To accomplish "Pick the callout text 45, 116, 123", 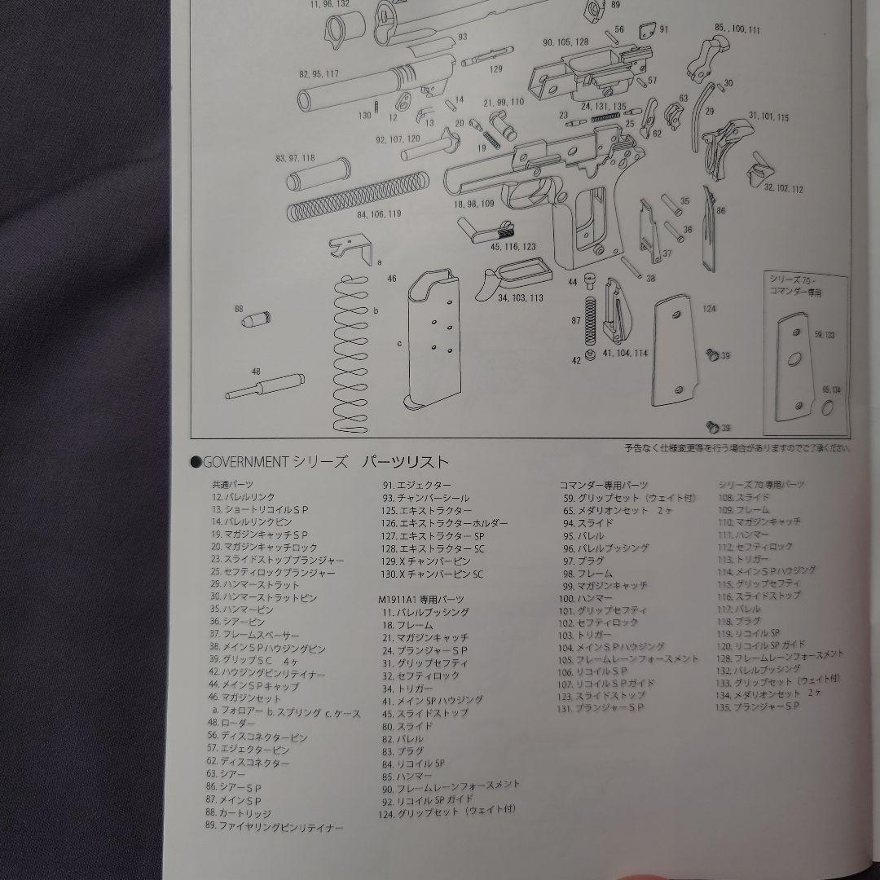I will pos(513,245).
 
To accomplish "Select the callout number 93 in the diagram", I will pos(462,37).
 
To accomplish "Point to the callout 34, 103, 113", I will pos(520,298).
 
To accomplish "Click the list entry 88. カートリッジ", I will pos(240,813).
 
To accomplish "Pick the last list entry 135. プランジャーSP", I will pos(758,706).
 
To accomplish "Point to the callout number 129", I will pos(495,69).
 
